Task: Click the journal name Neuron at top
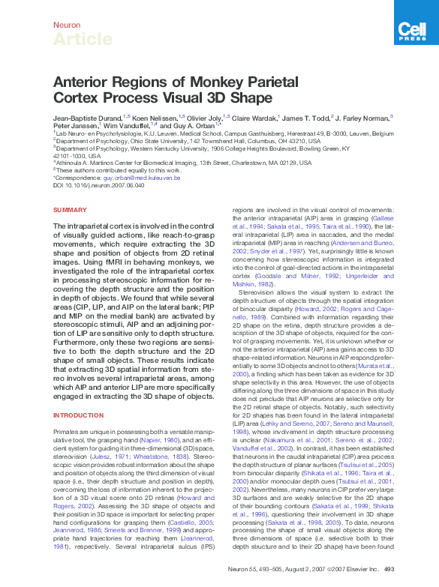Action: point(66,25)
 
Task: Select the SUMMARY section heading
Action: point(71,210)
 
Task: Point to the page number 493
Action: point(389,570)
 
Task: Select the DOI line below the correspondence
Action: point(94,185)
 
